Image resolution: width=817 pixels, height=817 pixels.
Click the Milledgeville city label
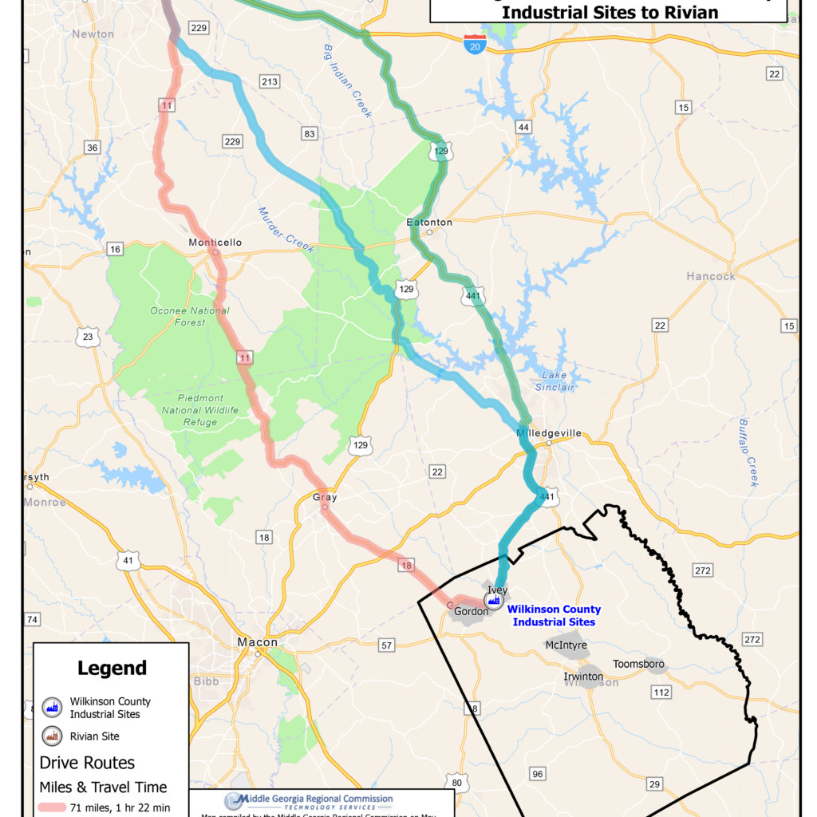tap(549, 433)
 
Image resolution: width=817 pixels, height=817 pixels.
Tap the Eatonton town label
tap(429, 222)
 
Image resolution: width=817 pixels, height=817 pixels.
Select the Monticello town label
tap(215, 243)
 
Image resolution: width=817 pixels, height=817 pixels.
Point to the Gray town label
tap(325, 497)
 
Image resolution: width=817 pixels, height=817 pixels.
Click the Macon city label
tap(258, 642)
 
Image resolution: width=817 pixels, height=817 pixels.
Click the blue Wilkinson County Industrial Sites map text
tap(554, 616)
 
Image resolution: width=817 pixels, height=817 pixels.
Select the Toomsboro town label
tap(638, 664)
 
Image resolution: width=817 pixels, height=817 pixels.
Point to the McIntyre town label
tap(566, 645)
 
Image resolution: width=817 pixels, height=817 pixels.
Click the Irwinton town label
tap(583, 677)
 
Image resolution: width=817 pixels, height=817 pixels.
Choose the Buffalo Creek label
tap(748, 452)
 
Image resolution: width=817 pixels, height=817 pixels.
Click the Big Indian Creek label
tap(348, 81)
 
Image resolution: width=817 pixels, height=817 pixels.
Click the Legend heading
tap(112, 668)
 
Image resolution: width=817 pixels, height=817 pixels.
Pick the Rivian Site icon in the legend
tap(51, 736)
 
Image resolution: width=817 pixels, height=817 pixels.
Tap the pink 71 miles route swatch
tap(63, 808)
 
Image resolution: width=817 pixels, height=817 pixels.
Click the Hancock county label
tap(711, 276)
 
